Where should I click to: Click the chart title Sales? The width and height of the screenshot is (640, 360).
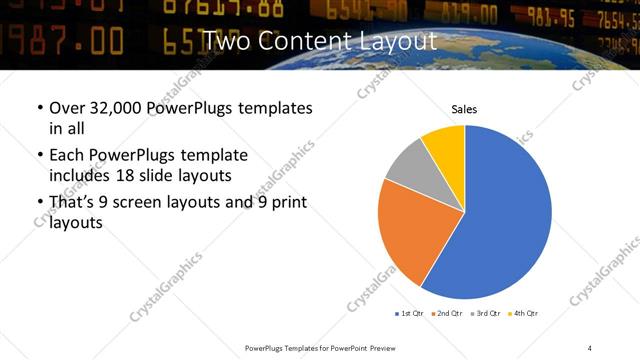pos(464,109)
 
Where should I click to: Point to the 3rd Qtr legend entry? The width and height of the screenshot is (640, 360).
pos(483,313)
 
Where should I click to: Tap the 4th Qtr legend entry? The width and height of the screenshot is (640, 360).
pos(523,313)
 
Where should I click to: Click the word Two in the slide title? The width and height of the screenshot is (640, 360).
pos(222,42)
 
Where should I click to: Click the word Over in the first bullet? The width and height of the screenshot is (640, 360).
pos(67,107)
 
